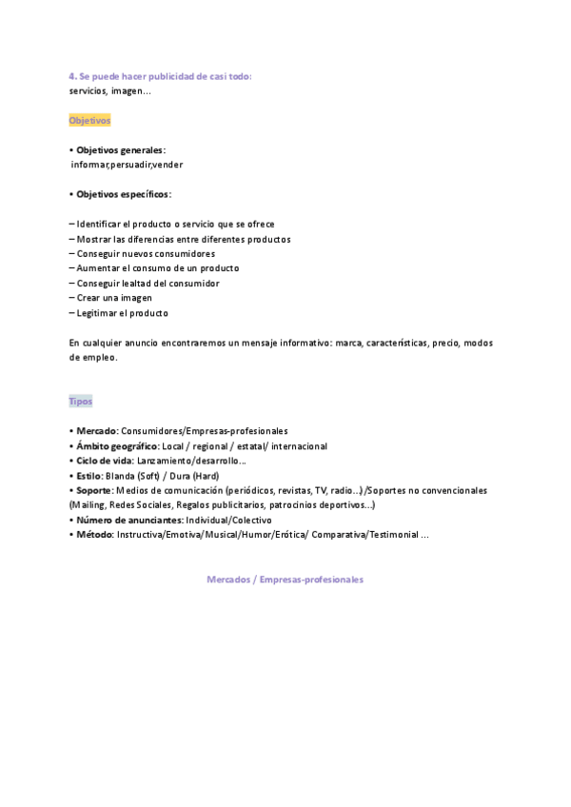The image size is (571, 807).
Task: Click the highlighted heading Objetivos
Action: point(90,121)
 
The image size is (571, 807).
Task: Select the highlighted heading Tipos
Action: point(81,402)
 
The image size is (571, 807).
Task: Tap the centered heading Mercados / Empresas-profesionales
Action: point(285,580)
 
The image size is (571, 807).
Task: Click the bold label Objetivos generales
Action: point(120,150)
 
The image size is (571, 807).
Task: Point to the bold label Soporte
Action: point(95,490)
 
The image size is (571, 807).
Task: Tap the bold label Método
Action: point(95,535)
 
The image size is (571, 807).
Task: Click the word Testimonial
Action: point(391,535)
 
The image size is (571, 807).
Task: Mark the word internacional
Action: point(300,446)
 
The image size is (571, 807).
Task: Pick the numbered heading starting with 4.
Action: point(160,76)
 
